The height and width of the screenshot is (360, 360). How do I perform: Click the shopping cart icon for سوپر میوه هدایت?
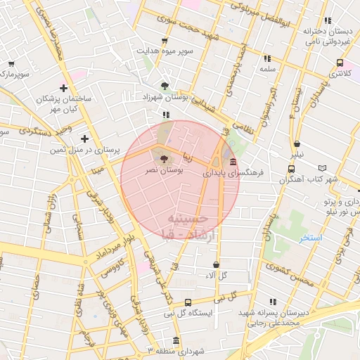(x=165, y=40)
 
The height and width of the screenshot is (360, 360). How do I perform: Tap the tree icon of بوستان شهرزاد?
(x=165, y=85)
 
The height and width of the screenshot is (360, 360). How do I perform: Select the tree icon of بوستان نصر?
(x=165, y=159)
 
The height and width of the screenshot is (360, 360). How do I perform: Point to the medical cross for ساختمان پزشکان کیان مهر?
(x=63, y=89)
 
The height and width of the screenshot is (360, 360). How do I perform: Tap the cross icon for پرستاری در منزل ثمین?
(x=85, y=139)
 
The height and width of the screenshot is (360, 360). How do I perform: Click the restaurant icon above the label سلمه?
(x=266, y=58)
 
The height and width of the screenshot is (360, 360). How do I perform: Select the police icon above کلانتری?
(x=340, y=62)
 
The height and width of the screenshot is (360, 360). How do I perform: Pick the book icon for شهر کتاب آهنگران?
(x=323, y=169)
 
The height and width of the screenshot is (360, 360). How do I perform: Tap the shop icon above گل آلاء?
(x=215, y=265)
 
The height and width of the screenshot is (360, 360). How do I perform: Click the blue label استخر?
(x=309, y=238)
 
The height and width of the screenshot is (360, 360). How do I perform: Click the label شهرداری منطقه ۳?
(x=174, y=349)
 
